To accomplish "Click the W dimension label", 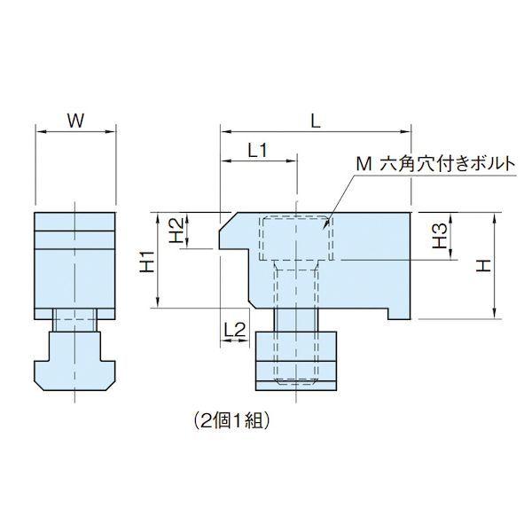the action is tap(75, 121).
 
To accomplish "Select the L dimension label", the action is tap(316, 121).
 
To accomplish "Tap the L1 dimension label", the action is tap(257, 151).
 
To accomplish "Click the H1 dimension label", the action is tap(148, 262).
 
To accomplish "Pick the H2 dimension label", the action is tap(176, 231).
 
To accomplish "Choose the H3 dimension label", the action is tap(440, 237).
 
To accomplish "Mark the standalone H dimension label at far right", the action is tap(483, 265).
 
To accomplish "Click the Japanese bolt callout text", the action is tap(435, 165).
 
